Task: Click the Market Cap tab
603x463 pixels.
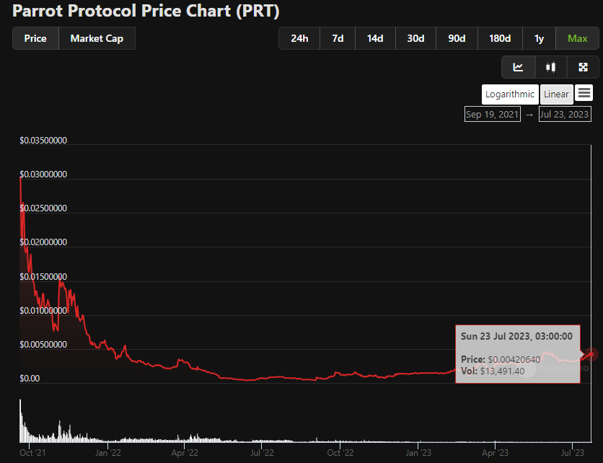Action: (97, 39)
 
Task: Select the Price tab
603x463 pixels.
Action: (35, 39)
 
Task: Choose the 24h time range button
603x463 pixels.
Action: (299, 39)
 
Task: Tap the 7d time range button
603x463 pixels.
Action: (338, 39)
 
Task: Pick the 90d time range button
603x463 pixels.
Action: (457, 39)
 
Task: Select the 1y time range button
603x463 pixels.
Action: (539, 39)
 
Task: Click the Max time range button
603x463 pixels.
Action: (578, 39)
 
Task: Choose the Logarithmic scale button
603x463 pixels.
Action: (510, 94)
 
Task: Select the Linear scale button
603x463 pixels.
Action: (556, 94)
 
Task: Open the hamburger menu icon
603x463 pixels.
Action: (584, 93)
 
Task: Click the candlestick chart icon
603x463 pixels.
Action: (551, 67)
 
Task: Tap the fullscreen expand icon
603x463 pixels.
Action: (584, 67)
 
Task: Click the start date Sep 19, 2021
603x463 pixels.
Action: (493, 115)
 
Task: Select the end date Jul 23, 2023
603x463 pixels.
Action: (564, 115)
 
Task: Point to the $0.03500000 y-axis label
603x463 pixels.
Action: (43, 141)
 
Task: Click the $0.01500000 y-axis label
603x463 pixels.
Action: (43, 277)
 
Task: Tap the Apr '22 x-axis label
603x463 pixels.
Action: (185, 453)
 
